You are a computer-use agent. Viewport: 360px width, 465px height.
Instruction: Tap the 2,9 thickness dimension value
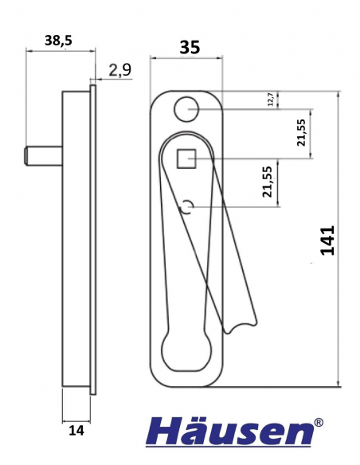(119, 70)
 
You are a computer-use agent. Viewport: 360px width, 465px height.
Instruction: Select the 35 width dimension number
(188, 47)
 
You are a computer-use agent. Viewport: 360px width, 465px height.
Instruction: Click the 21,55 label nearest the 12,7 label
(300, 133)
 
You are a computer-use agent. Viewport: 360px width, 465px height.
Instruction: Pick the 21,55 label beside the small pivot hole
(268, 182)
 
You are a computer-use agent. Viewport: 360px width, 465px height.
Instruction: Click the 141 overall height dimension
(327, 240)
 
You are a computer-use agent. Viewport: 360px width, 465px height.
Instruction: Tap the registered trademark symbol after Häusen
(319, 424)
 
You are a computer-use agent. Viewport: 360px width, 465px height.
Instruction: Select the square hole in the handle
(187, 159)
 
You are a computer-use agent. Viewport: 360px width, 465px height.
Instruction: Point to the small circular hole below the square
(188, 208)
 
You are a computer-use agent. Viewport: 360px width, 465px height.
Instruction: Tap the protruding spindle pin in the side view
(43, 154)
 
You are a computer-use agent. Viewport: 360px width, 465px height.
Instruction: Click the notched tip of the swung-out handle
(243, 322)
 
